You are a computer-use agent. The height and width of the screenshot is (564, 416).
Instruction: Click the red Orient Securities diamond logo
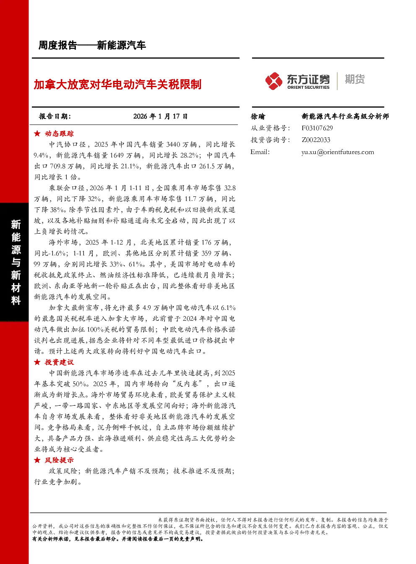273,81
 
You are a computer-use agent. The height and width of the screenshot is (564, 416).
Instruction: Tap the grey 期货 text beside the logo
354,79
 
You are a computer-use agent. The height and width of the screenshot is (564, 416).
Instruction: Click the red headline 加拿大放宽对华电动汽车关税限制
117,84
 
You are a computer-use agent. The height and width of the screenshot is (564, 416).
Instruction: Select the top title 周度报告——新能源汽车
92,45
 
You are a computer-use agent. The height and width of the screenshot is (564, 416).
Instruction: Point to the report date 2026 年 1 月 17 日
160,116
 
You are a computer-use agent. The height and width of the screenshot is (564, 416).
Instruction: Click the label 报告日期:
55,116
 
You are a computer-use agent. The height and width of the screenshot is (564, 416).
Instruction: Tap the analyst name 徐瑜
257,116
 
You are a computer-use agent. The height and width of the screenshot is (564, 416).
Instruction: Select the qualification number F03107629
317,128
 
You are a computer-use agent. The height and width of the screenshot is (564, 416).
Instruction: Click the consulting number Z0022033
316,140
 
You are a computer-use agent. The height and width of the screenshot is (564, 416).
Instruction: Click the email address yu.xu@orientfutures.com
338,152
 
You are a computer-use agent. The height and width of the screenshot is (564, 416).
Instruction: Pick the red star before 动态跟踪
37,134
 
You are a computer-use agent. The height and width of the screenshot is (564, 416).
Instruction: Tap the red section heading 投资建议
59,362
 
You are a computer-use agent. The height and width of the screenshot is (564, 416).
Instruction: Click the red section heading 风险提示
59,460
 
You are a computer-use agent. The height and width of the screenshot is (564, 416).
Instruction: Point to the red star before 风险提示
37,460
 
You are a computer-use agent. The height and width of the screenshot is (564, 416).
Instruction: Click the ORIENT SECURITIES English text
308,88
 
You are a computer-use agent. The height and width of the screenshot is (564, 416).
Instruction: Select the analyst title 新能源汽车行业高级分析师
345,116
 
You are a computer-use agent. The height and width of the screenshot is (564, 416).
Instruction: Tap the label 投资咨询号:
270,140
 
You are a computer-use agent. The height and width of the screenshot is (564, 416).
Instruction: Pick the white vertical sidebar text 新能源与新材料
16,262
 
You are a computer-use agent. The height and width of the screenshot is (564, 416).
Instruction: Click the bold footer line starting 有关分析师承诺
118,539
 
